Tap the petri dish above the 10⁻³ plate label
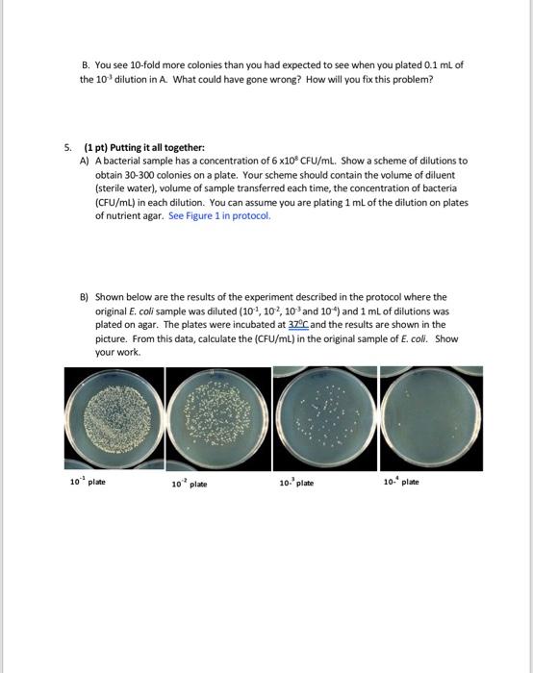coord(324,417)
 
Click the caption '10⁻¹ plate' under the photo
coord(87,481)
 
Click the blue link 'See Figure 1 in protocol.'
coord(219,216)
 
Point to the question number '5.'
coord(67,147)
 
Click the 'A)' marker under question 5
coord(86,161)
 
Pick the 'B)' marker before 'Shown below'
coord(86,298)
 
